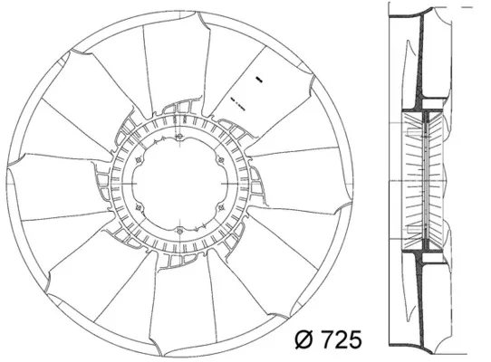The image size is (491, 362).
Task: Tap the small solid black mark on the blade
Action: pos(259,79)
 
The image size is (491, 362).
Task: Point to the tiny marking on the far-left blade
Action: pos(47,188)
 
